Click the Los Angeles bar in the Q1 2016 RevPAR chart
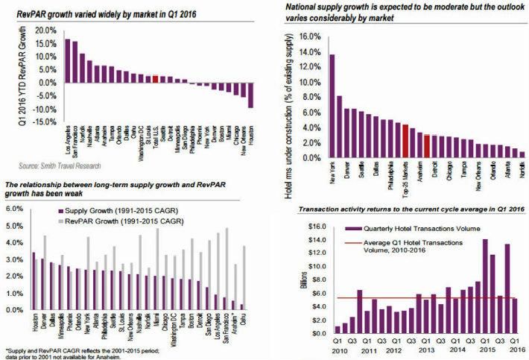click(67, 60)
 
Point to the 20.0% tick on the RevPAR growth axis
click(44, 31)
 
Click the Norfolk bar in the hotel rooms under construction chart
click(522, 155)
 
